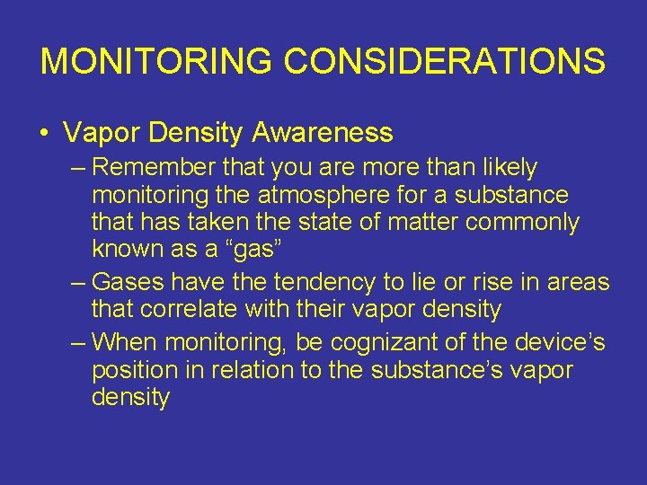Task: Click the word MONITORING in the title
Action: point(155,61)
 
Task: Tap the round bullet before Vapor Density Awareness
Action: point(44,134)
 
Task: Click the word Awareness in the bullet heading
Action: point(323,133)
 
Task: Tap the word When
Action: point(127,342)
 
